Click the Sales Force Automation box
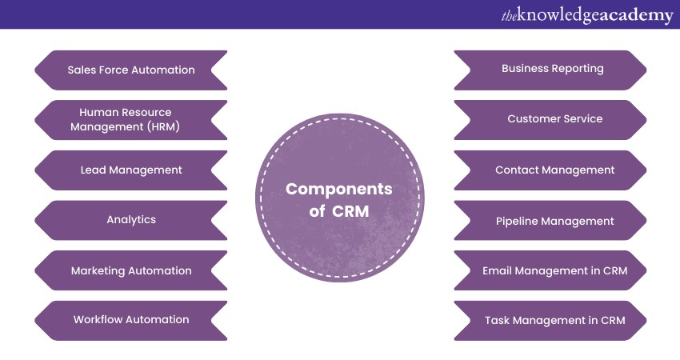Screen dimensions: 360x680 [x=131, y=70]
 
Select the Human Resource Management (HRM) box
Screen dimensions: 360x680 [x=131, y=119]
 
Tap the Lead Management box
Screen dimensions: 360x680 [x=131, y=170]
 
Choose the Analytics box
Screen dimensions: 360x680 [x=131, y=219]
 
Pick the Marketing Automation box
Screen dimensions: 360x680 [x=131, y=270]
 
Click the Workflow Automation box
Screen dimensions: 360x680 [x=131, y=319]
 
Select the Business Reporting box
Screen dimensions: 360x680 [x=552, y=69]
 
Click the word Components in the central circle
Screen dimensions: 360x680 [x=339, y=190]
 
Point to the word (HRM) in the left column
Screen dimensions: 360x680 [x=161, y=126]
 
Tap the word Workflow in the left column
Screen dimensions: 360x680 [x=99, y=319]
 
